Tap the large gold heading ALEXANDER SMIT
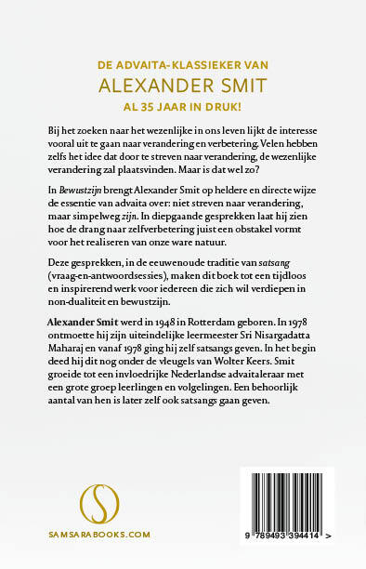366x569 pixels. (183, 86)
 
